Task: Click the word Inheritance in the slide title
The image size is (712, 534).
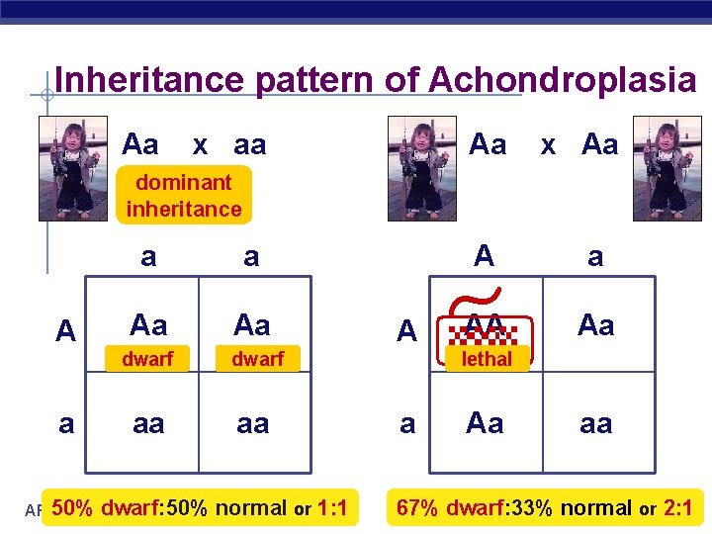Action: (150, 80)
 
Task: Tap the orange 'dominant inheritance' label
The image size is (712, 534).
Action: (183, 195)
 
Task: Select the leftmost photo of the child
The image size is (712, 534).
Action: (72, 167)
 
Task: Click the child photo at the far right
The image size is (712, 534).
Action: (667, 167)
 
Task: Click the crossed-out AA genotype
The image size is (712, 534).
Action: (485, 324)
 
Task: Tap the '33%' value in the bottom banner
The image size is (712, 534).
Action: (533, 508)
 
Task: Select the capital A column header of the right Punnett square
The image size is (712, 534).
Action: (484, 256)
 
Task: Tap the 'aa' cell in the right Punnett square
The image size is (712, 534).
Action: (595, 423)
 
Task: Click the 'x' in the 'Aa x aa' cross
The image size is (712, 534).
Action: (201, 145)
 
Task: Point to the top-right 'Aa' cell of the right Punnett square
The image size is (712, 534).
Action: (595, 324)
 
